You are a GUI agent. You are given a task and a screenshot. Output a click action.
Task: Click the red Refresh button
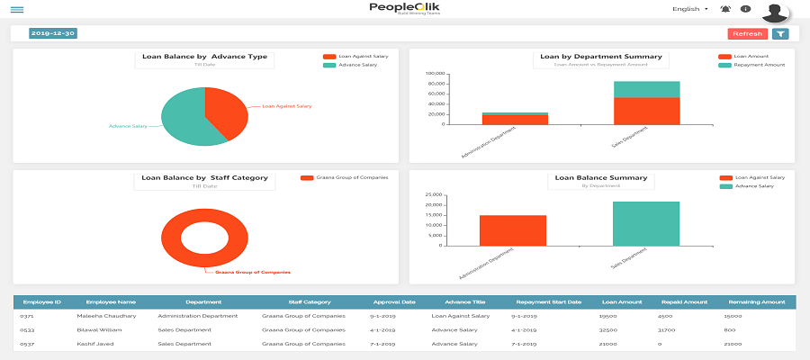point(747,34)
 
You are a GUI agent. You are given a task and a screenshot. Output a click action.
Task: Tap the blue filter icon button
point(780,34)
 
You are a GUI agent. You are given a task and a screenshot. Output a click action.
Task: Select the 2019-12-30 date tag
point(52,33)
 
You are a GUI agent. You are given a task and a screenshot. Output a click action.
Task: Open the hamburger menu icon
point(17,10)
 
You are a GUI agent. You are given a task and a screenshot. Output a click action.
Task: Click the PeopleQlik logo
point(404,9)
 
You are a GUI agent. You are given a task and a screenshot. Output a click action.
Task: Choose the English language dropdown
point(690,9)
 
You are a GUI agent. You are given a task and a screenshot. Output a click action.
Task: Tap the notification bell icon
point(725,9)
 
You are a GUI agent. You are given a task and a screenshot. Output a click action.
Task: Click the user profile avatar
point(774,12)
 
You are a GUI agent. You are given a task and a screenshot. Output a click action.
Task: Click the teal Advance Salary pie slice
point(184,121)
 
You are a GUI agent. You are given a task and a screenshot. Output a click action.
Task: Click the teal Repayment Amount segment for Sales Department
point(646,89)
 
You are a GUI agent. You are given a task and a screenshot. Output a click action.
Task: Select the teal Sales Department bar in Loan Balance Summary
point(646,223)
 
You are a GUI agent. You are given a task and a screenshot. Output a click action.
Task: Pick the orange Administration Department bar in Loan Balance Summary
point(512,230)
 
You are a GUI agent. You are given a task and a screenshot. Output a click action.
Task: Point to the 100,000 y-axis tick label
point(436,74)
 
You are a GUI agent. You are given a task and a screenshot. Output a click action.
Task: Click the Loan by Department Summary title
point(600,57)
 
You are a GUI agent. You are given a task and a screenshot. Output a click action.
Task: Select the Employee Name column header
point(111,302)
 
